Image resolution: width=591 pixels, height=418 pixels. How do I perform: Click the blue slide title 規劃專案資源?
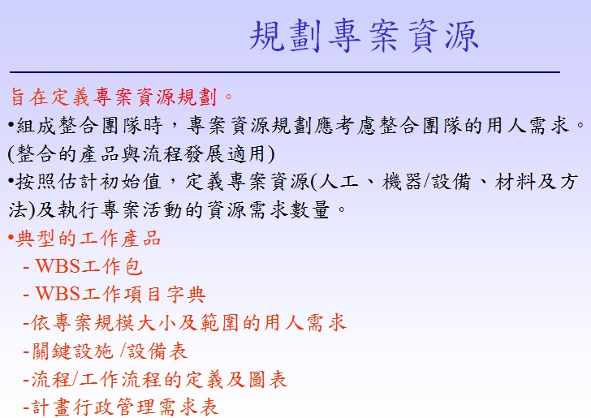364,36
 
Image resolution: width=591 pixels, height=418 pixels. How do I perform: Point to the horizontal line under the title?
285,71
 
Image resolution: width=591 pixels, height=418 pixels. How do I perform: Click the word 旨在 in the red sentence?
28,97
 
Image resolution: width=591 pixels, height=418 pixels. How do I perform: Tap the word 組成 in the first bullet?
36,125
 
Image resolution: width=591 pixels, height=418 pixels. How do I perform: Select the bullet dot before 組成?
11,124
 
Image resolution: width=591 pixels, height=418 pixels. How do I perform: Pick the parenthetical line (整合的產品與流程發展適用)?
141,153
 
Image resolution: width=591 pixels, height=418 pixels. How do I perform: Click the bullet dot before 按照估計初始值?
11,181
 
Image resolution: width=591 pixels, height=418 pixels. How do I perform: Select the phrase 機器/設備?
426,182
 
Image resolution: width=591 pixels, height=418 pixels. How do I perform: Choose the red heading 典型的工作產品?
88,238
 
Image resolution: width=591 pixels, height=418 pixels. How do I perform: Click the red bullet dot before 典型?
11,238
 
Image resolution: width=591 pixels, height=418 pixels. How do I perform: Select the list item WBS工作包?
88,266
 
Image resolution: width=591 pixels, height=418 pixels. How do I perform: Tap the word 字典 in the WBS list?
186,294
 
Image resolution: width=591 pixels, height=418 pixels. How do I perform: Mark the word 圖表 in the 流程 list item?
268,379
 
